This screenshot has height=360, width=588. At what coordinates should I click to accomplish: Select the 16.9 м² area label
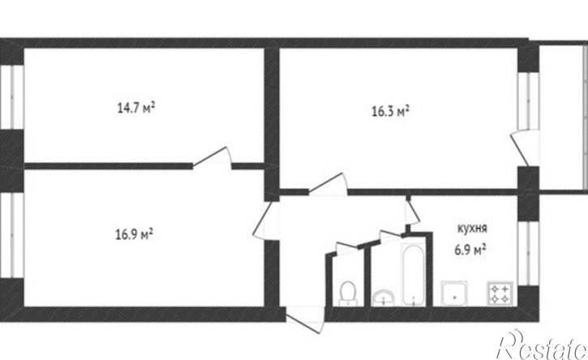[135, 235]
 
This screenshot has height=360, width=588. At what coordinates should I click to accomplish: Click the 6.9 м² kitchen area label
[470, 249]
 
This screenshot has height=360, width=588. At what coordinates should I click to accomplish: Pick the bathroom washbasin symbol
[383, 298]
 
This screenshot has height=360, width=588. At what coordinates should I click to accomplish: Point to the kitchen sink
[452, 294]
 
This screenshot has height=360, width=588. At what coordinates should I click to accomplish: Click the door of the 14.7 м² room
[213, 157]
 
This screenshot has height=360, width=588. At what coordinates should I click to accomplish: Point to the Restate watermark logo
[543, 346]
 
